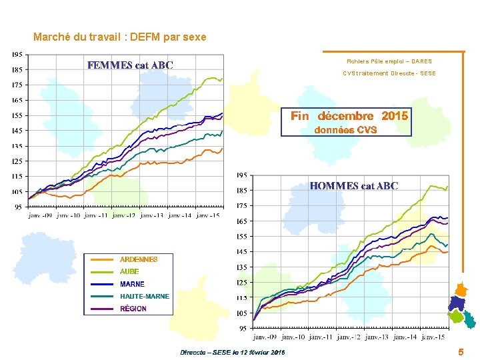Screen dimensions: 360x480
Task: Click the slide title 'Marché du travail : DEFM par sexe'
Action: click(120, 37)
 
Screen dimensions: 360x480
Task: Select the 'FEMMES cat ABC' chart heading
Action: click(131, 65)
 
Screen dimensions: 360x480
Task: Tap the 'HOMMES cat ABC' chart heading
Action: click(353, 186)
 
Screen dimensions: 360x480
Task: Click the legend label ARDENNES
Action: click(139, 259)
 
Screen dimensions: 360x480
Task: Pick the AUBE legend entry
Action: click(129, 272)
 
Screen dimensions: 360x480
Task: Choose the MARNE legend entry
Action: click(132, 284)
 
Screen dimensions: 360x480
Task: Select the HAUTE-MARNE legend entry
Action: click(145, 296)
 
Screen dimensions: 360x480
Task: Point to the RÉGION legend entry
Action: click(133, 309)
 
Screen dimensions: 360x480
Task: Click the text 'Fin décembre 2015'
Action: click(349, 116)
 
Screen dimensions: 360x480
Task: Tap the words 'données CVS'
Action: click(345, 130)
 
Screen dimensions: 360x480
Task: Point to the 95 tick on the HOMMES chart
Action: click(243, 329)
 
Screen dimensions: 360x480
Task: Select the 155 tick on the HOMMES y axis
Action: click(241, 237)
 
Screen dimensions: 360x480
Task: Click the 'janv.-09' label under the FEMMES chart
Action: click(40, 215)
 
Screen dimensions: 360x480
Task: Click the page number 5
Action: click(461, 351)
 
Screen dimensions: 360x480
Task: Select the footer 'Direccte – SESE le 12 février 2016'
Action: click(232, 352)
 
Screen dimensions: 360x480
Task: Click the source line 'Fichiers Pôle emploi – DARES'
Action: click(389, 61)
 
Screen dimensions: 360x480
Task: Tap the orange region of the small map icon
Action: click(461, 289)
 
